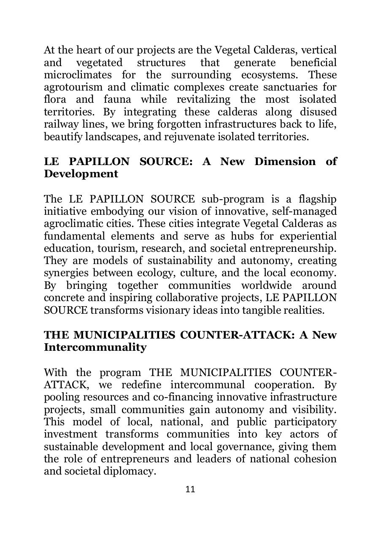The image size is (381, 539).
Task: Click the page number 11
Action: pos(190,489)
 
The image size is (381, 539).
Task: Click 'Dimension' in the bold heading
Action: pos(285,162)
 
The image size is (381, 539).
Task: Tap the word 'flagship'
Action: pos(317,199)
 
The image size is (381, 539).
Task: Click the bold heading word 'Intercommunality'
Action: pos(95,347)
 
